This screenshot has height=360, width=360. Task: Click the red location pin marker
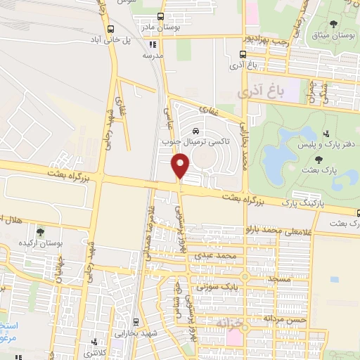(x=181, y=167)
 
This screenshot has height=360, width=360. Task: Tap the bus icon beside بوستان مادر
(x=161, y=17)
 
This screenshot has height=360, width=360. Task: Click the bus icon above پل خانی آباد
(x=111, y=29)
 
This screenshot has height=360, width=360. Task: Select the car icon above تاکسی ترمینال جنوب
(x=195, y=131)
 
